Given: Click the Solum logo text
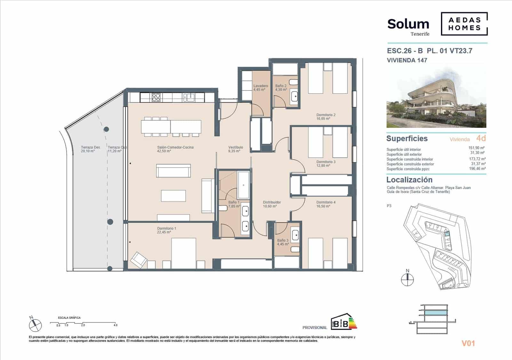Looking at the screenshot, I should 408,24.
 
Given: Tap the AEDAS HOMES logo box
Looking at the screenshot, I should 464,24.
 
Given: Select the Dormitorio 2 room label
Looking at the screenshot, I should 326,117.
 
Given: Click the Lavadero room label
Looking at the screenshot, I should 260,88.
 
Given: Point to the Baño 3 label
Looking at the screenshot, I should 283,242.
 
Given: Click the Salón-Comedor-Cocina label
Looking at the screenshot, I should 175,149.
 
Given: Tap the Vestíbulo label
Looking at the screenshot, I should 236,149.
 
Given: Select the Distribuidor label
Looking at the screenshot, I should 272,204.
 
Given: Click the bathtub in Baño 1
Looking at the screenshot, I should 244,185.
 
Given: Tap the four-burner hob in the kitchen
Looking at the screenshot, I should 156,97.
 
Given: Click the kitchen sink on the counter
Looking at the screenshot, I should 189,97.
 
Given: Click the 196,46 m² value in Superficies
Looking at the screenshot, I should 477,168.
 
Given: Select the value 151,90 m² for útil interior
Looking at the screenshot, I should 477,148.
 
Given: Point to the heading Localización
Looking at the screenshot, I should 409,180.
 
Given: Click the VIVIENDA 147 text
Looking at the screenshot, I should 407,60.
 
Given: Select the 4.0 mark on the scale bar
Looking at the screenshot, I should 115,325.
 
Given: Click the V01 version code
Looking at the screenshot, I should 468,343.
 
